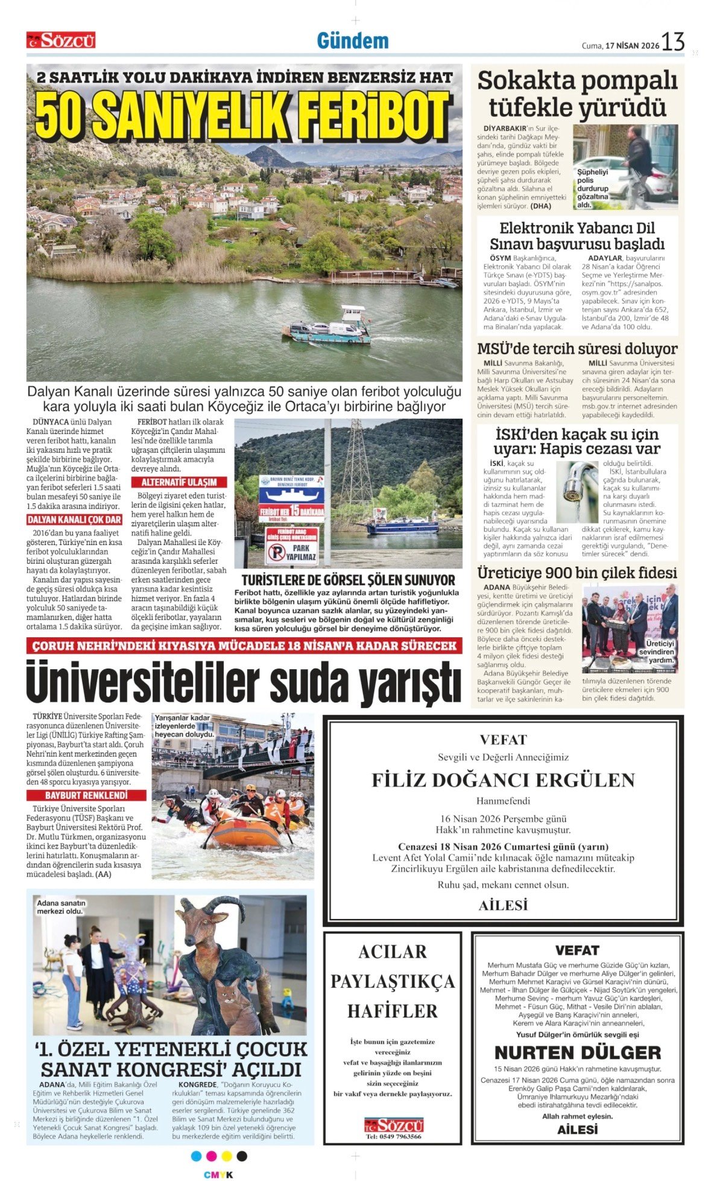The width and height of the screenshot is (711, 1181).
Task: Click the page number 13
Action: [x=673, y=42]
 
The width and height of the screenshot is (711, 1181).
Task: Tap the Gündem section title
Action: [x=353, y=41]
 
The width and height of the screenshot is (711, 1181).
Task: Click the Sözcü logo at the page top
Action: [x=61, y=40]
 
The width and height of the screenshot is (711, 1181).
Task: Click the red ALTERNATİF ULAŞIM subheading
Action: [x=179, y=482]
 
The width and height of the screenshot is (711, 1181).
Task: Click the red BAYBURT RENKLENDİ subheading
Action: [x=86, y=795]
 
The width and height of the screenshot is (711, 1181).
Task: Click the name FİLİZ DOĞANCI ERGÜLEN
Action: [x=503, y=780]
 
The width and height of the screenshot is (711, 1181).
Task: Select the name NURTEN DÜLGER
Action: [x=577, y=1053]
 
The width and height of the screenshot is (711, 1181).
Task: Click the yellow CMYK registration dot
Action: [x=227, y=1156]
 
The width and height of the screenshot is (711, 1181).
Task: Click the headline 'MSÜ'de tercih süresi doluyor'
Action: [x=577, y=349]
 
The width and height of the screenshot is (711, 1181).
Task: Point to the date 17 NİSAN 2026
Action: [x=632, y=45]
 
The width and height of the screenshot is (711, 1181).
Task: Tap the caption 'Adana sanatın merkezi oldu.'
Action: [x=61, y=907]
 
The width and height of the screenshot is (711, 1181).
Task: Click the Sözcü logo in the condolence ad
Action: [x=393, y=1125]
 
